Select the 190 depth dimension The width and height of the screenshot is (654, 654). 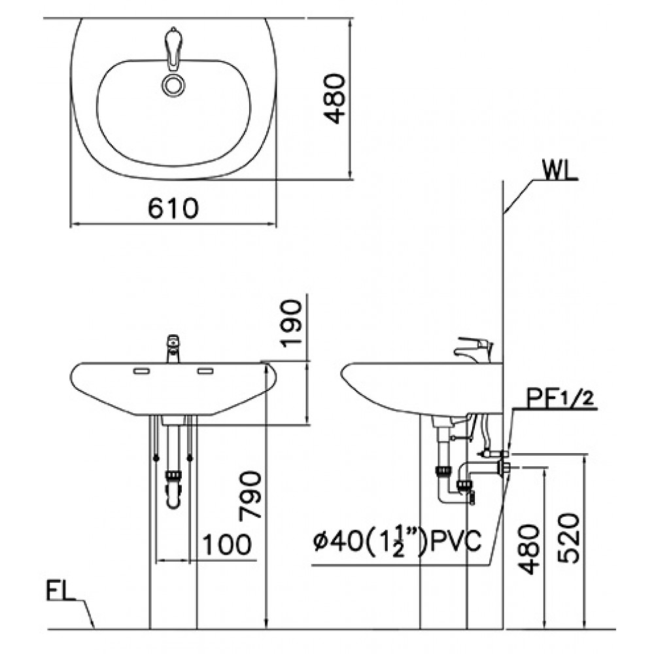[x=291, y=323]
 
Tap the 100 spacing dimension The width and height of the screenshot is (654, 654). [x=227, y=544]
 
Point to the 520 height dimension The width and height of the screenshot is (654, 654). [x=568, y=538]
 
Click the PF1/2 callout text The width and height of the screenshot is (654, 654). [x=559, y=399]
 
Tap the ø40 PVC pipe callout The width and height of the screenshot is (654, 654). [x=398, y=542]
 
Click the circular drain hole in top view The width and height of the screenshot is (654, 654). [x=172, y=86]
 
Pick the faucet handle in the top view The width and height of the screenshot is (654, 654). [x=172, y=47]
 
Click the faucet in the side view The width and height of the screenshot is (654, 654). [x=474, y=349]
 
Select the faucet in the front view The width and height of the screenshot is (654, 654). [x=173, y=349]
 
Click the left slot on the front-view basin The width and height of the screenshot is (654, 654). [x=141, y=371]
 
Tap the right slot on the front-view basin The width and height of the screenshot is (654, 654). [x=205, y=371]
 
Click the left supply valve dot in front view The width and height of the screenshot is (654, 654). [x=156, y=458]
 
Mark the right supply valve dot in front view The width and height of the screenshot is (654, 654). [x=190, y=458]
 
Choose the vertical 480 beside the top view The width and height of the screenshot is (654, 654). [x=335, y=99]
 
